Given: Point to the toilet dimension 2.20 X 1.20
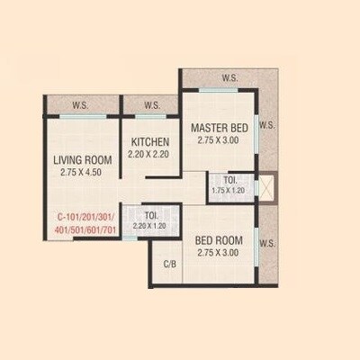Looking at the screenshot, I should pos(150,226).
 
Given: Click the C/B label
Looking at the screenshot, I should pos(169,264).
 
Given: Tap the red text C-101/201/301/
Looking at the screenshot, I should pos(87,217).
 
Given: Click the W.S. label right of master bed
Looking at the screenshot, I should pos(266,126).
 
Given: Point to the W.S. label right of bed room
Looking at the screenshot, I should pos(266,243).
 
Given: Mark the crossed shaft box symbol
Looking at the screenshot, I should pos(265,190).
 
